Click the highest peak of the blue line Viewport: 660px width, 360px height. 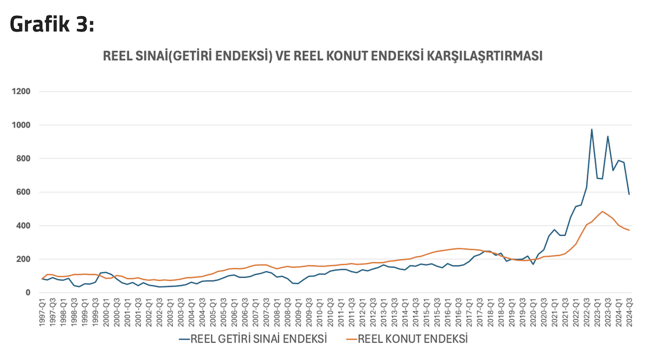(x=592, y=129)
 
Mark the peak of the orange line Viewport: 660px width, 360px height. (x=602, y=211)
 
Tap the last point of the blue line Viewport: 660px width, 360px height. (x=629, y=194)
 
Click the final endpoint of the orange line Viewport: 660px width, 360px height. (x=629, y=231)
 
